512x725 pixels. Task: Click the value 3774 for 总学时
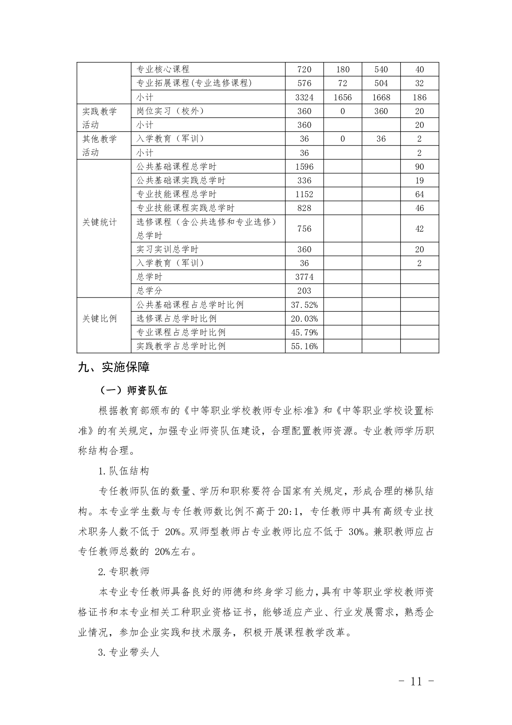point(304,277)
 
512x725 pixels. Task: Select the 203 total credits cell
point(304,291)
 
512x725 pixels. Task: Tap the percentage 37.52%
point(304,305)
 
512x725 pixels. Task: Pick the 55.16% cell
point(304,346)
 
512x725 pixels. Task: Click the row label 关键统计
point(99,222)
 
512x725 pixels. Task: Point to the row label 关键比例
point(99,319)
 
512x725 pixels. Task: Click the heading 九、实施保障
point(113,367)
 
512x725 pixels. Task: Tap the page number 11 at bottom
point(416,681)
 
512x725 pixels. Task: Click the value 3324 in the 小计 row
point(304,97)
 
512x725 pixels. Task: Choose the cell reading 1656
point(342,97)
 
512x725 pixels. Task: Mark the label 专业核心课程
point(163,69)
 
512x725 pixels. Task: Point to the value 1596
point(304,167)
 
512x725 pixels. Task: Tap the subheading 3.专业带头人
point(129,652)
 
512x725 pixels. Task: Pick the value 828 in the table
point(304,208)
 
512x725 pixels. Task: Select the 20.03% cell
point(304,319)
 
